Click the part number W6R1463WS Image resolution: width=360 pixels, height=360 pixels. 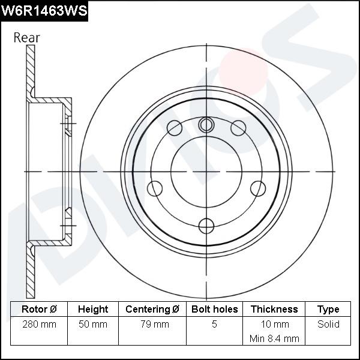44,11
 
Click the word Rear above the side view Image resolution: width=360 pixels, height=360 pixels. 27,37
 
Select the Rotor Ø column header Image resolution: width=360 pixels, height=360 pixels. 39,309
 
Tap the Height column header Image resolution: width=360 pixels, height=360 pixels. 93,309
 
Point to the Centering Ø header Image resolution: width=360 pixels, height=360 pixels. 152,309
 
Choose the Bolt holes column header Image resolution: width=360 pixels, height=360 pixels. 215,309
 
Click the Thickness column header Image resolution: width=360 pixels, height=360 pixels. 274,309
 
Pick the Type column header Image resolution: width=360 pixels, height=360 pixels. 328,309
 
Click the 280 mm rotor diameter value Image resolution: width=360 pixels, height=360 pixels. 39,324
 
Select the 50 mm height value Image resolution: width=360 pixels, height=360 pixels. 93,324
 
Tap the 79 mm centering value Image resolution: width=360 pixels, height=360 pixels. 152,324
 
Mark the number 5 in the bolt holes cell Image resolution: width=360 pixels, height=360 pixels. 215,324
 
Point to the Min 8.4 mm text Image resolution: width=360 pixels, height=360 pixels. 274,338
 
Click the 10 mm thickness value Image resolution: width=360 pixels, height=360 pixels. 274,324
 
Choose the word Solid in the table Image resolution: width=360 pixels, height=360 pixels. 328,324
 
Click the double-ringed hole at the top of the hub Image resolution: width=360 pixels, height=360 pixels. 206,125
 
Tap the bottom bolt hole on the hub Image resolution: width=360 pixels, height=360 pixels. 206,226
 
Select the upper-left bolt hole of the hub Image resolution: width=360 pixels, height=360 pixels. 175,128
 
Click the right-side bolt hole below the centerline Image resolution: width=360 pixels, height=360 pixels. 258,188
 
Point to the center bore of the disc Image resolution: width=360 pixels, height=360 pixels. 206,171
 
